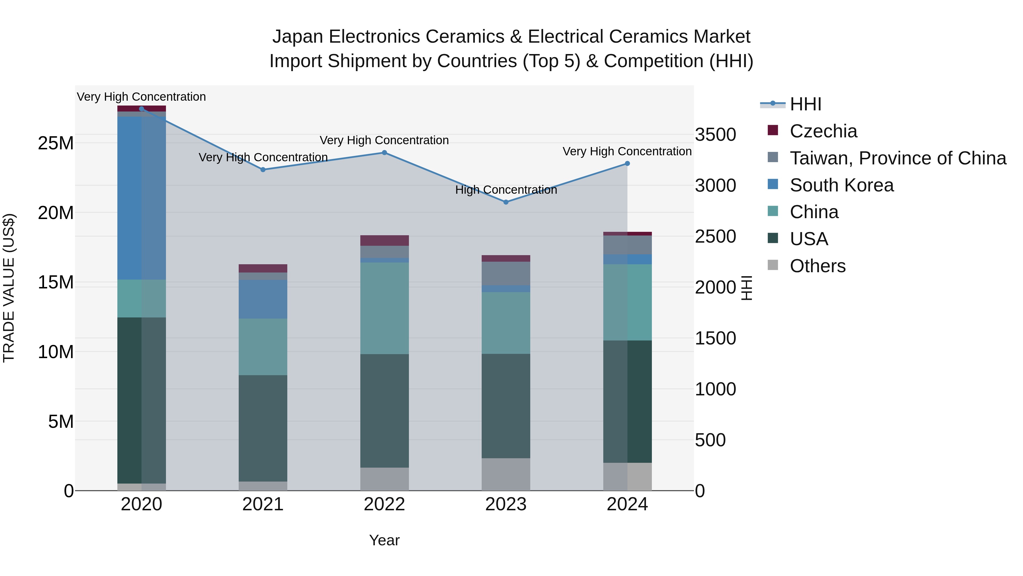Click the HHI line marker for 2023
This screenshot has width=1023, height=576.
pyautogui.click(x=506, y=202)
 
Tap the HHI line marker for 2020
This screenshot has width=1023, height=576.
pyautogui.click(x=142, y=109)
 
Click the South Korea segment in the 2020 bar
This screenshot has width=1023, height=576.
pyautogui.click(x=142, y=198)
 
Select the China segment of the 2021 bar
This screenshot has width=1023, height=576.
pyautogui.click(x=263, y=347)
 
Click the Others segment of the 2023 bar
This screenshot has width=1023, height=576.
pyautogui.click(x=506, y=474)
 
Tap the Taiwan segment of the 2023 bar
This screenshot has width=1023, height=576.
pyautogui.click(x=506, y=273)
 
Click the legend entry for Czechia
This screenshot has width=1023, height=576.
pyautogui.click(x=823, y=131)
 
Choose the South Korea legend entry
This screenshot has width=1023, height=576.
pyautogui.click(x=841, y=185)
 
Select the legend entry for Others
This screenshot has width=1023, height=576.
pyautogui.click(x=817, y=266)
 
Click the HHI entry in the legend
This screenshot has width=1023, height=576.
pyautogui.click(x=805, y=104)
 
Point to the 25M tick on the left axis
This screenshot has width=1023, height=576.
pyautogui.click(x=56, y=143)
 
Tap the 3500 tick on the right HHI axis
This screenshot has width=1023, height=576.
pyautogui.click(x=715, y=134)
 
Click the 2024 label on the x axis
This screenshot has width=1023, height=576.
pyautogui.click(x=627, y=504)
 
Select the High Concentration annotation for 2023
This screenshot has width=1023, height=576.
pyautogui.click(x=506, y=190)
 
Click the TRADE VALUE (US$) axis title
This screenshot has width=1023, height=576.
pyautogui.click(x=9, y=288)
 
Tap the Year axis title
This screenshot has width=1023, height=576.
pyautogui.click(x=384, y=540)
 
